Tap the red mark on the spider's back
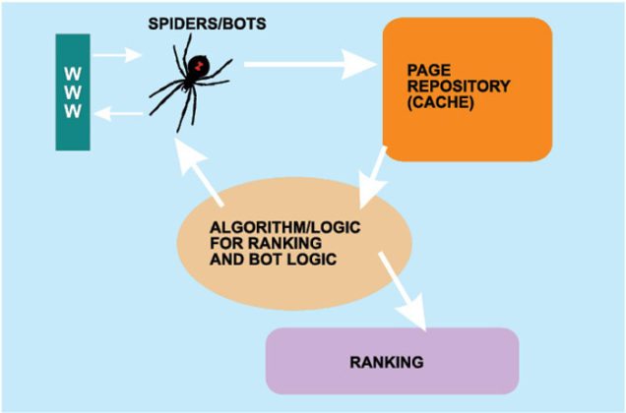point(200,67)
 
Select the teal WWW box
point(73,91)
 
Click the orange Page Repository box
point(467,88)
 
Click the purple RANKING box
point(392,361)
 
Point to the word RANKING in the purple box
point(387,362)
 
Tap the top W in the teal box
point(73,73)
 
